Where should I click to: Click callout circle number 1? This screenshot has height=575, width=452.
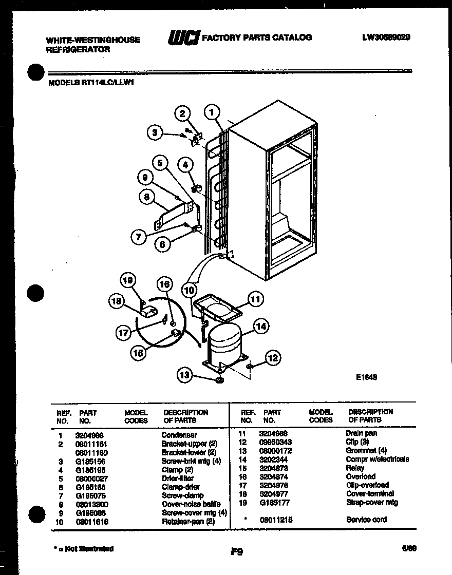click(x=211, y=111)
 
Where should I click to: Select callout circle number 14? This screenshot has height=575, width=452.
click(x=260, y=325)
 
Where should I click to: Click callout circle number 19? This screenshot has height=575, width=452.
click(x=128, y=280)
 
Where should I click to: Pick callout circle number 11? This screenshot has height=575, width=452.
click(x=255, y=298)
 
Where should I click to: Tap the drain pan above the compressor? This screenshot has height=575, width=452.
click(x=216, y=307)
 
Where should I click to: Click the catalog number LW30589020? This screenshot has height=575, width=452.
click(x=386, y=37)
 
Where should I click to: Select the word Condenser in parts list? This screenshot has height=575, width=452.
click(x=179, y=435)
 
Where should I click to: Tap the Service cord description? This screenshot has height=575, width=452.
click(x=366, y=520)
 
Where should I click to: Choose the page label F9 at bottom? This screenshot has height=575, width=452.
click(x=236, y=552)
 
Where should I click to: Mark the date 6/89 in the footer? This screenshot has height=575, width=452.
click(x=409, y=548)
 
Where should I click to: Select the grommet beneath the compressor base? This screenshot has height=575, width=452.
click(x=219, y=380)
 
